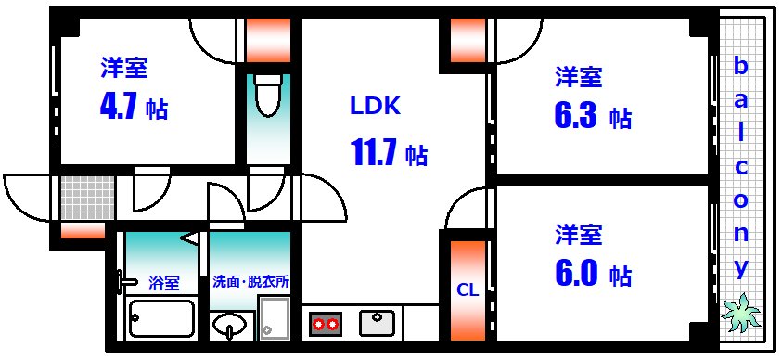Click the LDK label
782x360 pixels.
pos(375,107)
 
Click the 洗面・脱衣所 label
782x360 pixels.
pos(250,281)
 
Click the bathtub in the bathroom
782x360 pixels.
pos(161,319)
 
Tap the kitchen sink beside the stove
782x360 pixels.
pos(378,322)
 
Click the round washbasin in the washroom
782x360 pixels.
pos(231,326)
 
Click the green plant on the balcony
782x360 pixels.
pos(741,313)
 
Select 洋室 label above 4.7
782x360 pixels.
pos(125,68)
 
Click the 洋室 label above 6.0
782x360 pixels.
pos(580,233)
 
